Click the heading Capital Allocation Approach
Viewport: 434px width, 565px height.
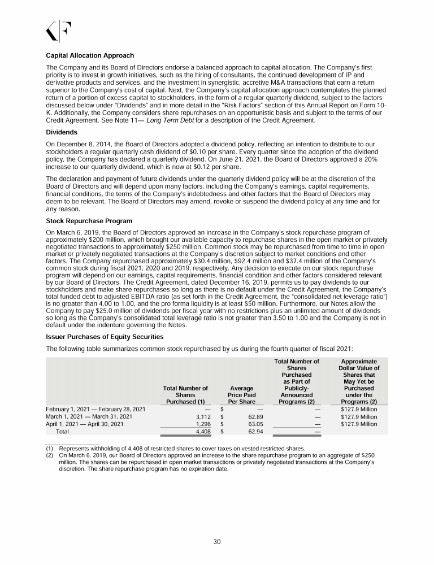(x=90, y=56)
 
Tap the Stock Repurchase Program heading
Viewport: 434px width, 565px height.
(x=89, y=221)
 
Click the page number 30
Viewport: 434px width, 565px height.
(x=217, y=542)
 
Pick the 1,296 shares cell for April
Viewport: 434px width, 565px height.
(x=203, y=424)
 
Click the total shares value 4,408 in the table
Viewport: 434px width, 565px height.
(x=203, y=431)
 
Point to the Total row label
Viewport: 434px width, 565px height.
(x=62, y=431)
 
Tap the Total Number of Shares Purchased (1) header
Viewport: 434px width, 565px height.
(x=185, y=395)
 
